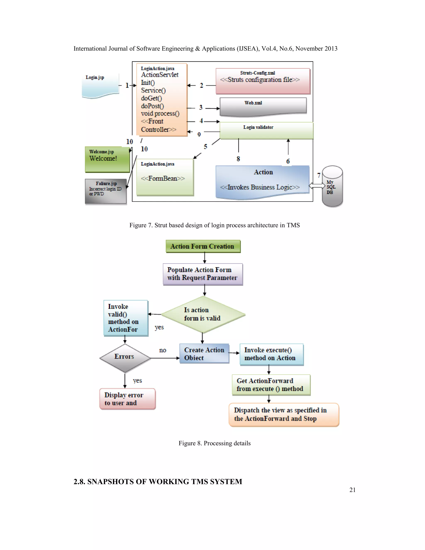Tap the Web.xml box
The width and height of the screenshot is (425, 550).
click(263, 106)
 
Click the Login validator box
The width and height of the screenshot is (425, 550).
click(266, 131)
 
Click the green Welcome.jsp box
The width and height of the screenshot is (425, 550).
click(107, 159)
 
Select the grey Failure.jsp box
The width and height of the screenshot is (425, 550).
click(105, 191)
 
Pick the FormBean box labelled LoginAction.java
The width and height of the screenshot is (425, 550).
click(165, 177)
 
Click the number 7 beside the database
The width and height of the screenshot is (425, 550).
click(319, 175)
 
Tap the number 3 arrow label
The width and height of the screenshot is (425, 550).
click(201, 108)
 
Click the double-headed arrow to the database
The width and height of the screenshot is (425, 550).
click(317, 186)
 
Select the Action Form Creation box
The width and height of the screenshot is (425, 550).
click(203, 246)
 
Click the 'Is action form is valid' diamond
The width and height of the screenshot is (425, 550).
click(203, 314)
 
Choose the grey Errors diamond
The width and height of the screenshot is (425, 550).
click(125, 358)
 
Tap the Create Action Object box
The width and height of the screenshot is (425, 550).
click(204, 354)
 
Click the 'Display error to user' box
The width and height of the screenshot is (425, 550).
click(127, 399)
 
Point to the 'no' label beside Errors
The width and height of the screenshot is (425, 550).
click(163, 350)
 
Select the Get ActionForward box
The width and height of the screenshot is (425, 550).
click(271, 385)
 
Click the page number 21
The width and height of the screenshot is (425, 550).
click(352, 490)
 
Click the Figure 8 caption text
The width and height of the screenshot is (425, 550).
click(215, 443)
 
